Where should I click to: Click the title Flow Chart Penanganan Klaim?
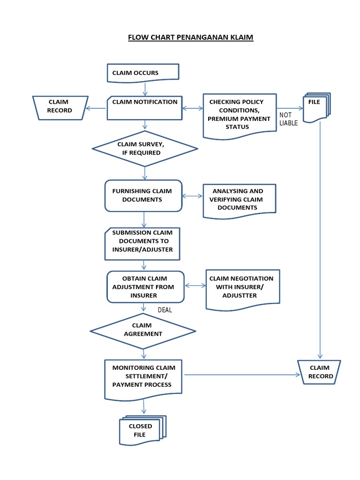pos(190,37)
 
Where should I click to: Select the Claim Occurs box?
pos(143,73)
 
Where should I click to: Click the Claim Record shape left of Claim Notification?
pos(60,107)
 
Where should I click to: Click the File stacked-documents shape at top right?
pos(317,107)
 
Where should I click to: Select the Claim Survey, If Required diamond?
pos(145,149)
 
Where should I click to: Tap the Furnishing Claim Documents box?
pos(143,195)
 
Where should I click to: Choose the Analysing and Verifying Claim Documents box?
pos(239,200)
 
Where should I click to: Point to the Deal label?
pos(165,310)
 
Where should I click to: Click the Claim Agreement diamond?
pos(143,330)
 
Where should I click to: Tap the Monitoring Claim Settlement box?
pos(143,378)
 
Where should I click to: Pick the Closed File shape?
pos(142,430)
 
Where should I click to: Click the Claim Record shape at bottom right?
pos(319,372)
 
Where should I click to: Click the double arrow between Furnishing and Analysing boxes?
pos(192,195)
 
